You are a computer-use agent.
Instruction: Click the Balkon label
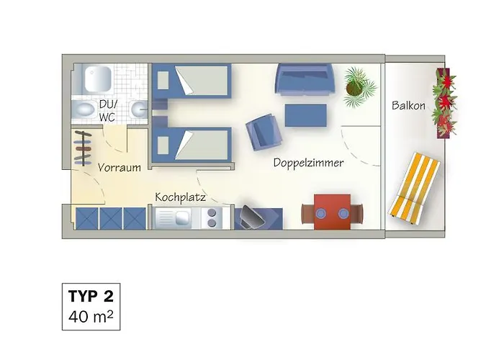[408, 106]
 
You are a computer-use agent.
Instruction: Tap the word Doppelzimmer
[308, 163]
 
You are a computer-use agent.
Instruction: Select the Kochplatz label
[180, 197]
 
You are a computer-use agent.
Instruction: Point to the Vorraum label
[120, 168]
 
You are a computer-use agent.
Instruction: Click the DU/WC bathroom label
[108, 111]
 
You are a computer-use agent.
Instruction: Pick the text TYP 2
[91, 296]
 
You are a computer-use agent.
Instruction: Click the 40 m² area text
[91, 317]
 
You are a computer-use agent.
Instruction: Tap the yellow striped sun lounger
[414, 189]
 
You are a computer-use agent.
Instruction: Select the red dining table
[333, 212]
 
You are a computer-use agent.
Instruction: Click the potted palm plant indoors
[359, 87]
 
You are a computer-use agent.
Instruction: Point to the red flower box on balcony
[446, 103]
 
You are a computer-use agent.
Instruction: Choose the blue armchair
[264, 132]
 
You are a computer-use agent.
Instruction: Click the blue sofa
[305, 78]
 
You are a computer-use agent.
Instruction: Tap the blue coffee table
[306, 115]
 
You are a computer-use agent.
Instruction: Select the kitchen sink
[176, 217]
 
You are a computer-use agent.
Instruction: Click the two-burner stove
[212, 217]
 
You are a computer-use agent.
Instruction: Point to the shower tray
[98, 78]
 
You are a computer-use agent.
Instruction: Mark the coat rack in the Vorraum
[84, 148]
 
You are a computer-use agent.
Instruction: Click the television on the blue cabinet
[253, 217]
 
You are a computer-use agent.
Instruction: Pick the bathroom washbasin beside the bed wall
[139, 109]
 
